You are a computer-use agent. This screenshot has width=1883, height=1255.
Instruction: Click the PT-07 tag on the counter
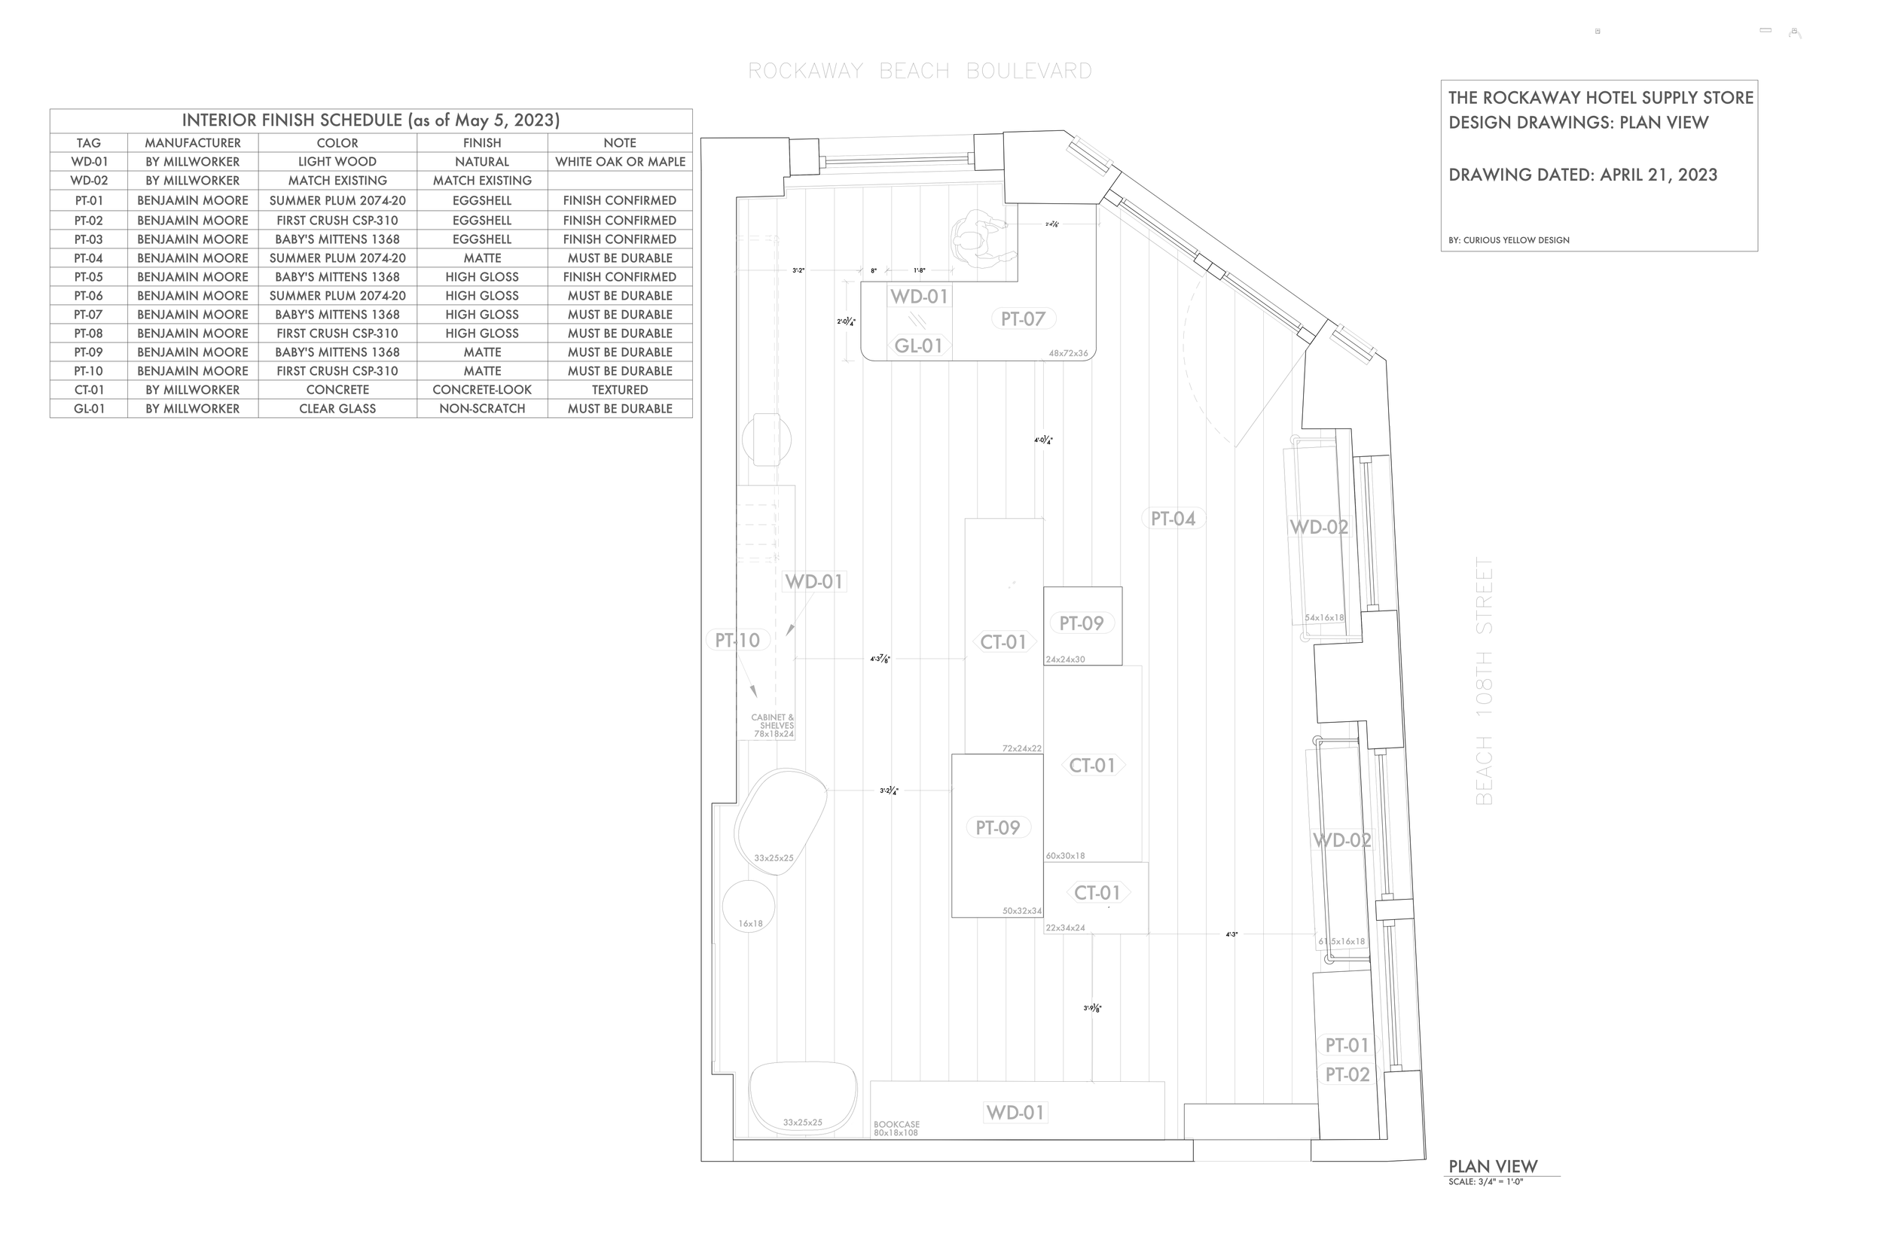tap(1022, 319)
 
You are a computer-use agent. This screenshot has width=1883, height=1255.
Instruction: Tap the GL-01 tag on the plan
tap(918, 346)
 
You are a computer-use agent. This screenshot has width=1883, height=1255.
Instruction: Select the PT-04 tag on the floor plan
tap(1173, 519)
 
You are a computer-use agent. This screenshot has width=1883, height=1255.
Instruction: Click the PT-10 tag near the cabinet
tap(737, 641)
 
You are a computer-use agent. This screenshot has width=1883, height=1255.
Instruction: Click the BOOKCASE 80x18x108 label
tap(896, 1129)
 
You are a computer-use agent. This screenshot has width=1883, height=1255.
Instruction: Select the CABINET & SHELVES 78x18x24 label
tap(773, 726)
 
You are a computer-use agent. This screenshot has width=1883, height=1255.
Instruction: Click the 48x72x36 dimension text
tap(1068, 353)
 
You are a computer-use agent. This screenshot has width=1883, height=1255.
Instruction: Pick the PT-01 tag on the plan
tap(1347, 1045)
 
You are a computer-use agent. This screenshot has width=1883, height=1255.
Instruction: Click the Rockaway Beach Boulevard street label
tap(920, 72)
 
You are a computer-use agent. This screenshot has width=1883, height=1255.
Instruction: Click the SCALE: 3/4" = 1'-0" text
tap(1485, 1181)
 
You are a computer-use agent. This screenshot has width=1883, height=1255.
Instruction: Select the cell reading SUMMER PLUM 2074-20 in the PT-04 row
tap(337, 257)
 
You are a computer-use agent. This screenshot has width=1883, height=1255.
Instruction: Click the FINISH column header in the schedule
tap(482, 142)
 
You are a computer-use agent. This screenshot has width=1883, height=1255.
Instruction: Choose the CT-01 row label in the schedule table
tap(88, 390)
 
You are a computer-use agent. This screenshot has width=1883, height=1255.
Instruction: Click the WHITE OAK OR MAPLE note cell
tap(620, 162)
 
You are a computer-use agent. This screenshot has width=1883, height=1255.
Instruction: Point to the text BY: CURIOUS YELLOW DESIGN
tap(1509, 240)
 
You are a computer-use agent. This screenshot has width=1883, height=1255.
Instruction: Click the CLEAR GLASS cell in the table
tap(337, 408)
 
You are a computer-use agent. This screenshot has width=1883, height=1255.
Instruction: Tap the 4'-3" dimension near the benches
tap(1231, 934)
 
